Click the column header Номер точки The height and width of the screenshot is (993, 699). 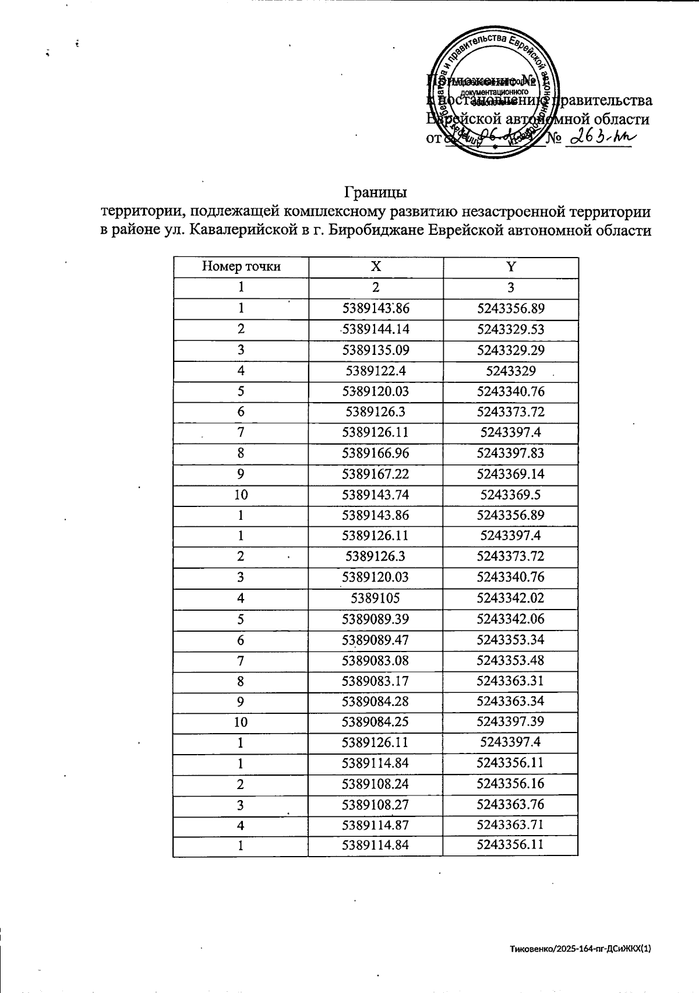[241, 267]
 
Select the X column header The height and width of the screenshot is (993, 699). [376, 267]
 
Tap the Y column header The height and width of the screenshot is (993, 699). [510, 267]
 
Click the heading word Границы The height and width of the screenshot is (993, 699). [375, 192]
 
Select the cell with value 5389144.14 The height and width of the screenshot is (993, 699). [376, 329]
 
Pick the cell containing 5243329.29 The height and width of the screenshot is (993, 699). [510, 350]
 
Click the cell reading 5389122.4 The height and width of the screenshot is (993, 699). [376, 371]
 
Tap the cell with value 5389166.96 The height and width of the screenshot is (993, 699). [376, 453]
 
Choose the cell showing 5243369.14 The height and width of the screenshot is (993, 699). [510, 474]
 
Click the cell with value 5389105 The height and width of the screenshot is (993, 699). [376, 598]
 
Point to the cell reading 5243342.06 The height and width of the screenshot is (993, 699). [510, 618]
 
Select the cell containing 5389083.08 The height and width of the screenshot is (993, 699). [376, 660]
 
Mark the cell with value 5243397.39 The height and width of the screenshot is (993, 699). [510, 722]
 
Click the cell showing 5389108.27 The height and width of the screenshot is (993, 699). [376, 805]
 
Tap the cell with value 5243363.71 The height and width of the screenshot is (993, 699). [510, 825]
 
